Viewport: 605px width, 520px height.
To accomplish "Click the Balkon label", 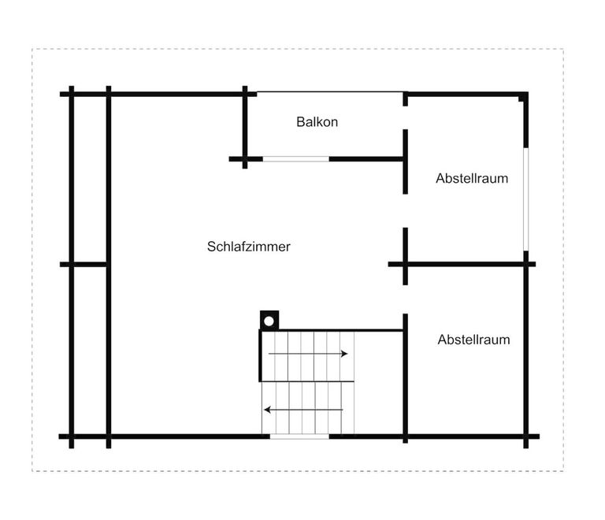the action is tap(317, 122).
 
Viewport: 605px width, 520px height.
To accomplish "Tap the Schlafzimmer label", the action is tap(248, 247).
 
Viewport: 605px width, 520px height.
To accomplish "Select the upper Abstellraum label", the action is tap(472, 178).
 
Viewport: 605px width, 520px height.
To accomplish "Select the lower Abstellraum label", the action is tap(473, 340).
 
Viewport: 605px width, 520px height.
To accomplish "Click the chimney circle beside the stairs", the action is tap(269, 321).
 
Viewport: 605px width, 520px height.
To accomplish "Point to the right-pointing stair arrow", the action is tap(308, 354).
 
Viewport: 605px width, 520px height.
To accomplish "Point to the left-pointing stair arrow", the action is tap(303, 410).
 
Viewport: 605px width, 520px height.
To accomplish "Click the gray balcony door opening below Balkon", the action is tap(296, 159).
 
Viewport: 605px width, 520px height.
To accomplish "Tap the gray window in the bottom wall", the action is tap(299, 436).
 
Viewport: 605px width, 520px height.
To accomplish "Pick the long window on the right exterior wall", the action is tap(526, 199).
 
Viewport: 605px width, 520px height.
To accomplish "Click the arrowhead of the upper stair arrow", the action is tap(344, 354).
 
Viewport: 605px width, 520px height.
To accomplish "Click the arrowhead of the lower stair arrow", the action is tap(267, 410).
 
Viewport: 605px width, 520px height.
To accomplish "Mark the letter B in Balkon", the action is tap(300, 122).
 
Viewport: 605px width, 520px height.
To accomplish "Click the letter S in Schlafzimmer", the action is tap(211, 247).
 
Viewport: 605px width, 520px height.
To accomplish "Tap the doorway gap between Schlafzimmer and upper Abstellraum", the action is tap(405, 210).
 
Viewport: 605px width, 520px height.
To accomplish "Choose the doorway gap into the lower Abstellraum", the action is tap(405, 299).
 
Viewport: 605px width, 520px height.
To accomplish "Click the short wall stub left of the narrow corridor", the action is tap(84, 264).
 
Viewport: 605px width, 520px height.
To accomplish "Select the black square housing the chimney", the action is tap(269, 321).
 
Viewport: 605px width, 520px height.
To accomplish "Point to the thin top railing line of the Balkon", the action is tap(330, 92).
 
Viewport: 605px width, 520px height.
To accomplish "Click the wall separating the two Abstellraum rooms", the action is tap(462, 264).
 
